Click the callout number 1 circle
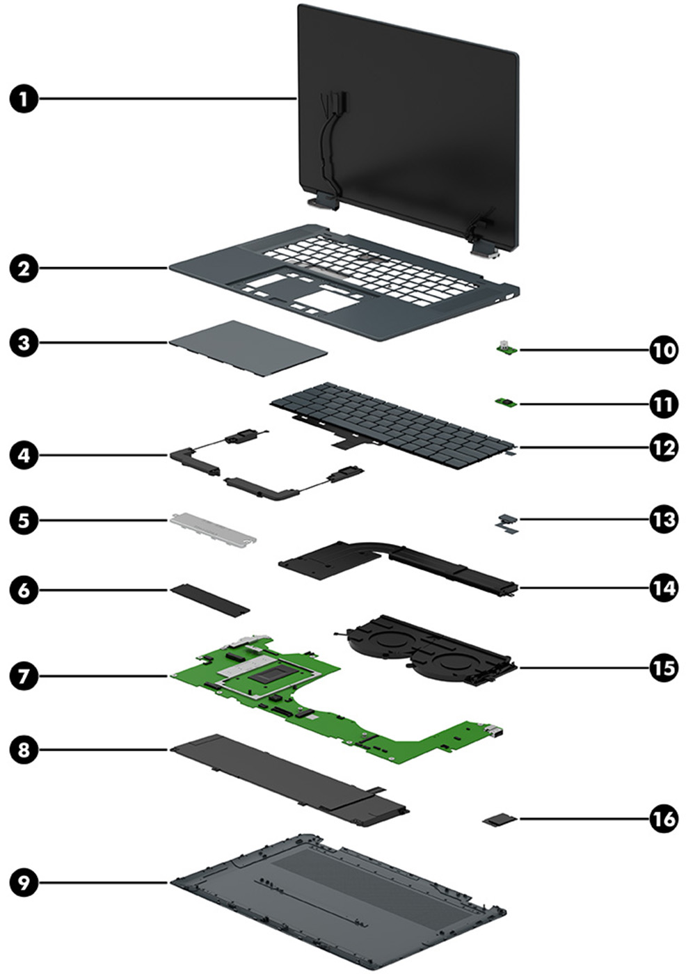click(24, 99)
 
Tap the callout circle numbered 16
click(662, 819)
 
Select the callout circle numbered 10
click(662, 349)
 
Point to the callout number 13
click(662, 519)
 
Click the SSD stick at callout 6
click(209, 600)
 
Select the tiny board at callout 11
click(504, 402)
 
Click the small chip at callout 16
click(500, 821)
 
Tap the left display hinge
click(321, 200)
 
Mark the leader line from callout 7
click(104, 675)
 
